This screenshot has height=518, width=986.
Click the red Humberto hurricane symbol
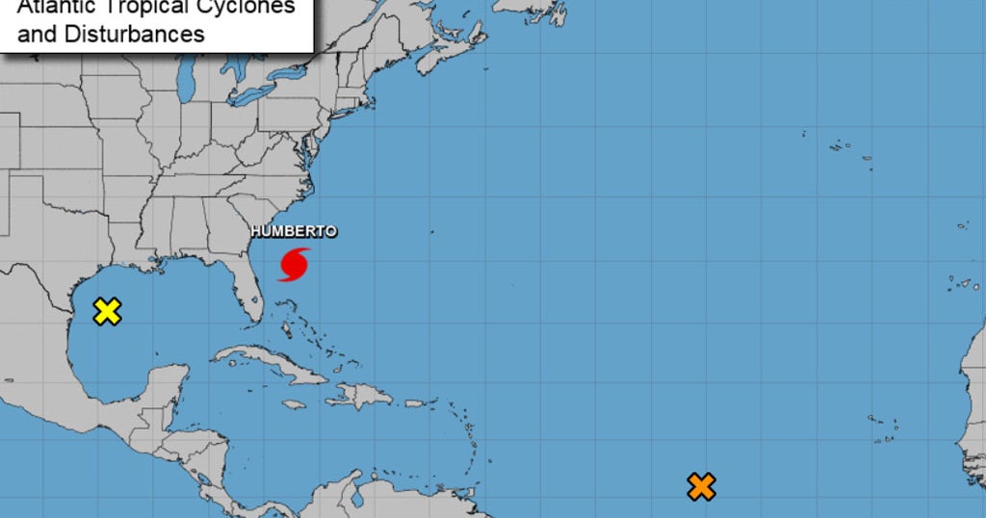(295, 264)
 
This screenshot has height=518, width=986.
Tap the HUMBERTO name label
(294, 231)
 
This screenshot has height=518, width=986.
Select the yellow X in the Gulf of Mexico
(107, 311)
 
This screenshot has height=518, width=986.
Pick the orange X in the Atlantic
(701, 486)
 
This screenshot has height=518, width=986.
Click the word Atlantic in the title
(57, 8)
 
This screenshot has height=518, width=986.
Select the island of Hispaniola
(359, 394)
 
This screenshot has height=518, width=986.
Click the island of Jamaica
(294, 403)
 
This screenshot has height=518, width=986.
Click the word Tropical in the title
(154, 8)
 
